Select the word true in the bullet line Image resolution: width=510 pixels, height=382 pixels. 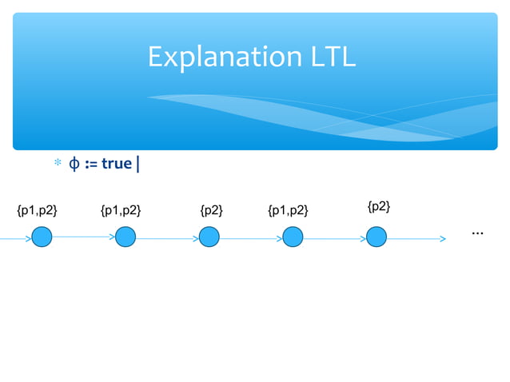(117, 164)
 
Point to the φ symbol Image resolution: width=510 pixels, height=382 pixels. (73, 164)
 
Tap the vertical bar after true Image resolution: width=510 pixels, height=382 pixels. (139, 165)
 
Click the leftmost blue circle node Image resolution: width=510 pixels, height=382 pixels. (42, 237)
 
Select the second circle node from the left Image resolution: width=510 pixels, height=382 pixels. (126, 237)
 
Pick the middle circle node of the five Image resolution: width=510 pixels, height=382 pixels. (209, 237)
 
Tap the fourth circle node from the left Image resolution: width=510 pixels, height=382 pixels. (293, 237)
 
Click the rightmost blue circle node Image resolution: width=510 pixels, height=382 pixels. (377, 237)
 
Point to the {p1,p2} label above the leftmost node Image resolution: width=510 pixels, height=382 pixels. (37, 211)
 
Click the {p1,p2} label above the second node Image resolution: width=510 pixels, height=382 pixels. (121, 211)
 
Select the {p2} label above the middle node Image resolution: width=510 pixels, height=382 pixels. (212, 211)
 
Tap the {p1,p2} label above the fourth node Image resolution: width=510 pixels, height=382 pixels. (289, 211)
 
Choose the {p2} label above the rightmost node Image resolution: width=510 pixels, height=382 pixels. (379, 207)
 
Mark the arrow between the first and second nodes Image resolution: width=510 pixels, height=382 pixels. (84, 237)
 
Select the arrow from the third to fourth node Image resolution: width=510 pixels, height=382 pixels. (251, 237)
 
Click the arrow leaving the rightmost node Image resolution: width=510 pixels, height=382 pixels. (416, 237)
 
